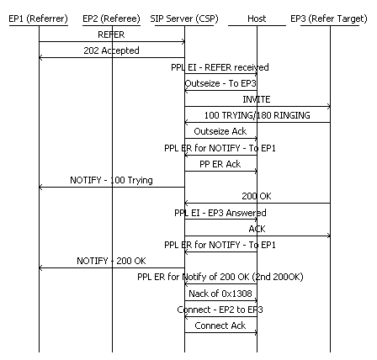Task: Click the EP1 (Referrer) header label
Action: click(x=38, y=18)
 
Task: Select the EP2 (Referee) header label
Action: click(x=112, y=18)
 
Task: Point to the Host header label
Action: click(x=258, y=18)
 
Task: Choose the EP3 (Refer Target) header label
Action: click(x=330, y=18)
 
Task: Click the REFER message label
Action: click(x=111, y=35)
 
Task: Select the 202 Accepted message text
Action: click(x=111, y=51)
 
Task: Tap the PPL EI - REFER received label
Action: click(x=220, y=67)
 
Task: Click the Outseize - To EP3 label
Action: click(x=220, y=83)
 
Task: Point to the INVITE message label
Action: click(x=257, y=99)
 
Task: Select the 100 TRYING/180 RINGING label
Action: click(x=257, y=115)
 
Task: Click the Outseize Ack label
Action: click(x=220, y=131)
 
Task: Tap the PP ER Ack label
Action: click(x=220, y=164)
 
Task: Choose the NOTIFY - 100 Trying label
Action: click(x=111, y=180)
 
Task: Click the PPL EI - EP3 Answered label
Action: click(x=220, y=213)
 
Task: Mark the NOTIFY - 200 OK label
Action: click(x=111, y=261)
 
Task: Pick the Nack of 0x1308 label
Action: click(x=220, y=293)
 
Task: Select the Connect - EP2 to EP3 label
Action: click(x=220, y=309)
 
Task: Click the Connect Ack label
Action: click(x=220, y=326)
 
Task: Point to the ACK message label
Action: click(x=257, y=229)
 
